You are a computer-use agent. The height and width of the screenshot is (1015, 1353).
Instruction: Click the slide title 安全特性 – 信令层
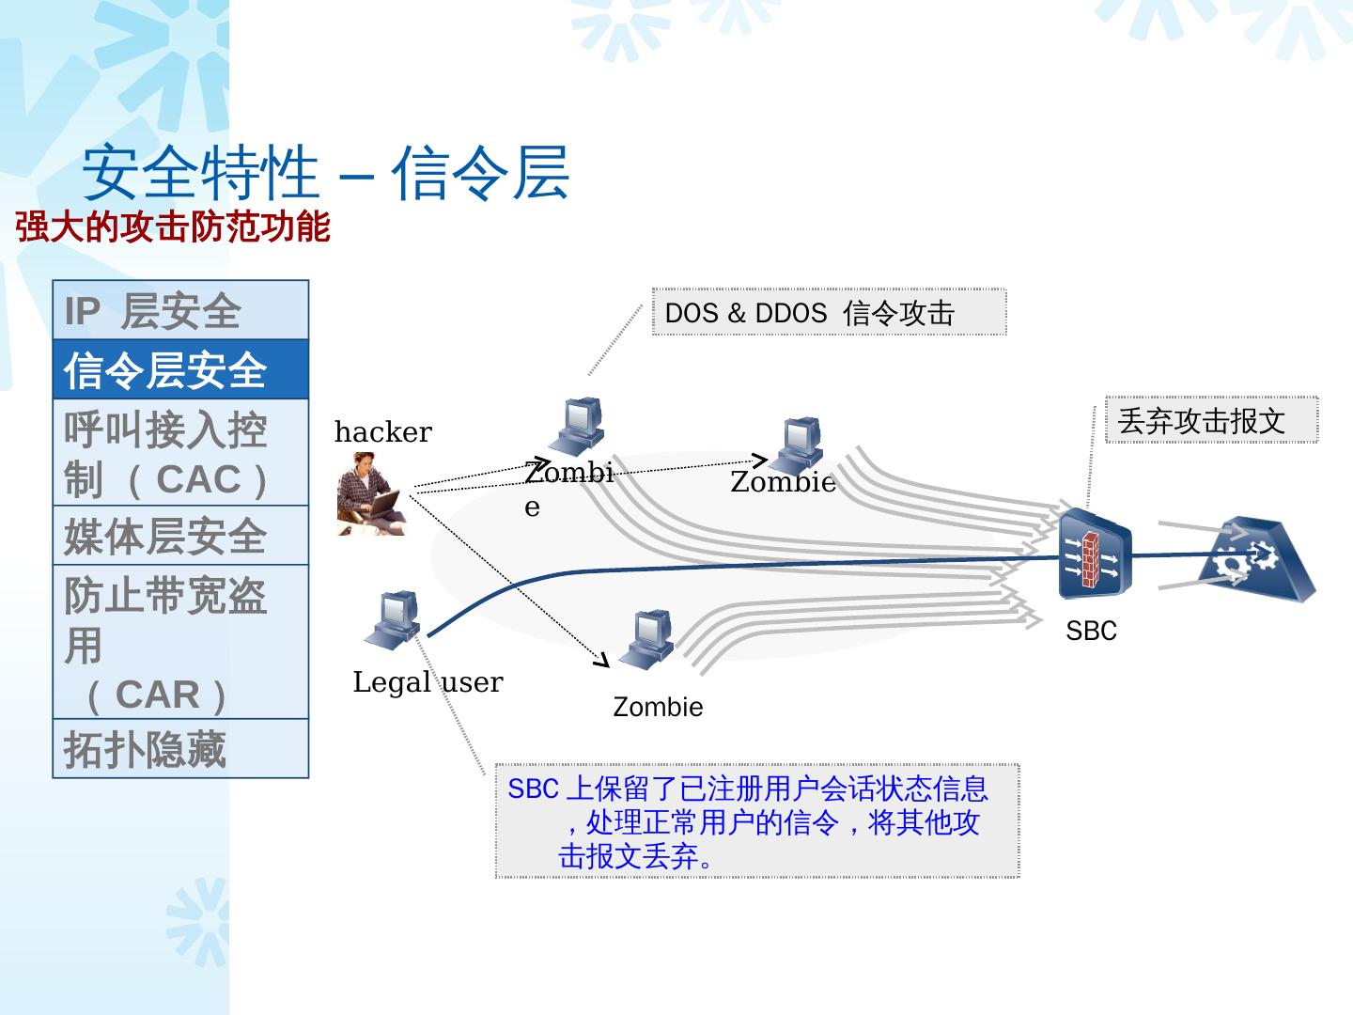[x=325, y=173]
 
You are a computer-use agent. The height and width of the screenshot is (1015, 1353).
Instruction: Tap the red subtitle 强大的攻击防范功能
[x=173, y=227]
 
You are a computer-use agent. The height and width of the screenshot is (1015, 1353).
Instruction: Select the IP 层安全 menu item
[x=180, y=310]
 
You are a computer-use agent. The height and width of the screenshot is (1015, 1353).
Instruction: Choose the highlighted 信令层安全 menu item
[x=180, y=369]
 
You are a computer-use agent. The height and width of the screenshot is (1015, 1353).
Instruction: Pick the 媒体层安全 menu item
[x=180, y=536]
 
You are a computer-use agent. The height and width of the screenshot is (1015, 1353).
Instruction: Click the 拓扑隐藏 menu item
[x=180, y=749]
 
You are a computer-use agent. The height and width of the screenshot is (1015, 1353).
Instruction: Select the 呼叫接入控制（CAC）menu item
[x=180, y=453]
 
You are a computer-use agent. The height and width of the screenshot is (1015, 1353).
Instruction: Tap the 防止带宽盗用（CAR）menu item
[x=180, y=643]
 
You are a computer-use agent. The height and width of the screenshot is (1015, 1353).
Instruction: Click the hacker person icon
[x=371, y=494]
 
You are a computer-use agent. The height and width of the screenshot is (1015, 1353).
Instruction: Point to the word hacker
[x=382, y=432]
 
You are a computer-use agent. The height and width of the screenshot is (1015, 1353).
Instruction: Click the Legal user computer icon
[x=394, y=620]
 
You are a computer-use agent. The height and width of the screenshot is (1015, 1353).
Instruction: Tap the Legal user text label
[x=428, y=682]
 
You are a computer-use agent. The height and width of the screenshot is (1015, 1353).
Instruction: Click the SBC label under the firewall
[x=1091, y=632]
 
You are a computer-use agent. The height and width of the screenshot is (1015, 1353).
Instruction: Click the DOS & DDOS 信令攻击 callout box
[x=829, y=312]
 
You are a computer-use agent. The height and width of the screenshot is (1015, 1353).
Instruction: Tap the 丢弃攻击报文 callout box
[x=1211, y=420]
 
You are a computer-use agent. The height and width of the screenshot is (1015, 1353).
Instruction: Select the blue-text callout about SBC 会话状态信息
[x=756, y=821]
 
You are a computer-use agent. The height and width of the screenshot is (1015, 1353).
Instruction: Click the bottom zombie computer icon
[x=647, y=641]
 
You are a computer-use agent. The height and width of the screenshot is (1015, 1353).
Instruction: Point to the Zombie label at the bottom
[x=658, y=707]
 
